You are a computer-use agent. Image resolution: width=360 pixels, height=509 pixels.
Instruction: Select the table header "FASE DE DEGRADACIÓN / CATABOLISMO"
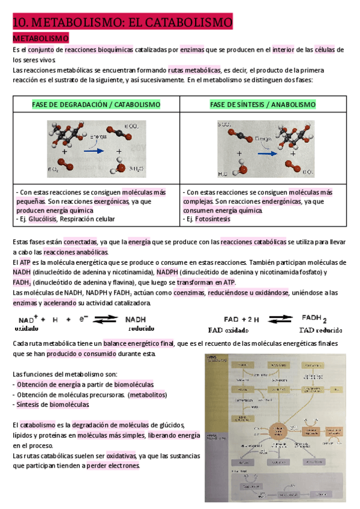tap(96, 104)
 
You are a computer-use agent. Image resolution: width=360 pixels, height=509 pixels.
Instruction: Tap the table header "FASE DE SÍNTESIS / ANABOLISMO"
tap(263, 104)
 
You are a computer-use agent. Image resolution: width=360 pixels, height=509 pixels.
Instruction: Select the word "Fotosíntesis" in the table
tap(217, 219)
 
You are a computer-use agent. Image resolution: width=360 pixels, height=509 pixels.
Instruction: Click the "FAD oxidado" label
tap(228, 330)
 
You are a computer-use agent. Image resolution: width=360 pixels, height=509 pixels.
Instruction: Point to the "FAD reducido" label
tap(320, 330)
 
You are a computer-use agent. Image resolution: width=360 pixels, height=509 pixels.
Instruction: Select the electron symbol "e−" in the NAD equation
tap(85, 319)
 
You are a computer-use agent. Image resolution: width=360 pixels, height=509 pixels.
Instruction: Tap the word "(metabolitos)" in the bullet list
tap(147, 394)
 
